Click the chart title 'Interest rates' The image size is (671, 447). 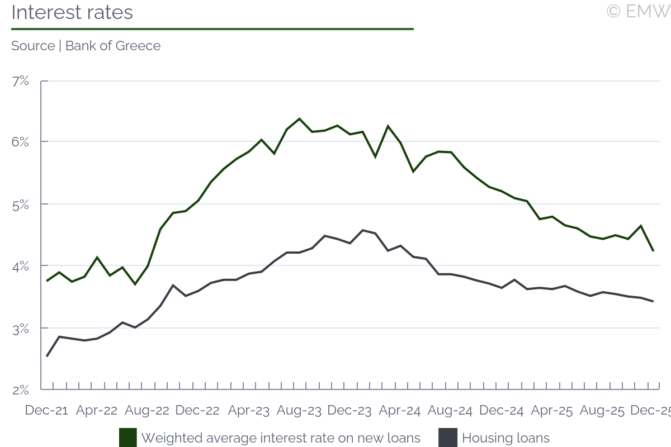[x=72, y=12]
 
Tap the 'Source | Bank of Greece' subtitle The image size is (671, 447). [x=86, y=46]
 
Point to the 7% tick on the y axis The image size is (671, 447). [x=20, y=81]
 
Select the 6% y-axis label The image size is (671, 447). [x=20, y=142]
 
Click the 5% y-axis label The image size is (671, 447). [x=20, y=204]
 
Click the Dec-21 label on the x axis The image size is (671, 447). [x=46, y=411]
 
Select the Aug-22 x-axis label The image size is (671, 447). [x=147, y=411]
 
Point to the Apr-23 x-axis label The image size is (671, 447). [x=248, y=411]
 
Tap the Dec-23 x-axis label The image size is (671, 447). [x=349, y=411]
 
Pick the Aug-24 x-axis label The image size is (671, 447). [x=450, y=411]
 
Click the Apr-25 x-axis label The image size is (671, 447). [x=551, y=411]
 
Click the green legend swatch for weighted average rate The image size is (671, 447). [x=128, y=438]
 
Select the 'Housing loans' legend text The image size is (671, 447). [x=505, y=438]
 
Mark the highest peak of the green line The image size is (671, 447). [x=299, y=118]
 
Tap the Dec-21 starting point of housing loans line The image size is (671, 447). [x=47, y=356]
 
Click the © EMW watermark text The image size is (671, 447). [x=638, y=11]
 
